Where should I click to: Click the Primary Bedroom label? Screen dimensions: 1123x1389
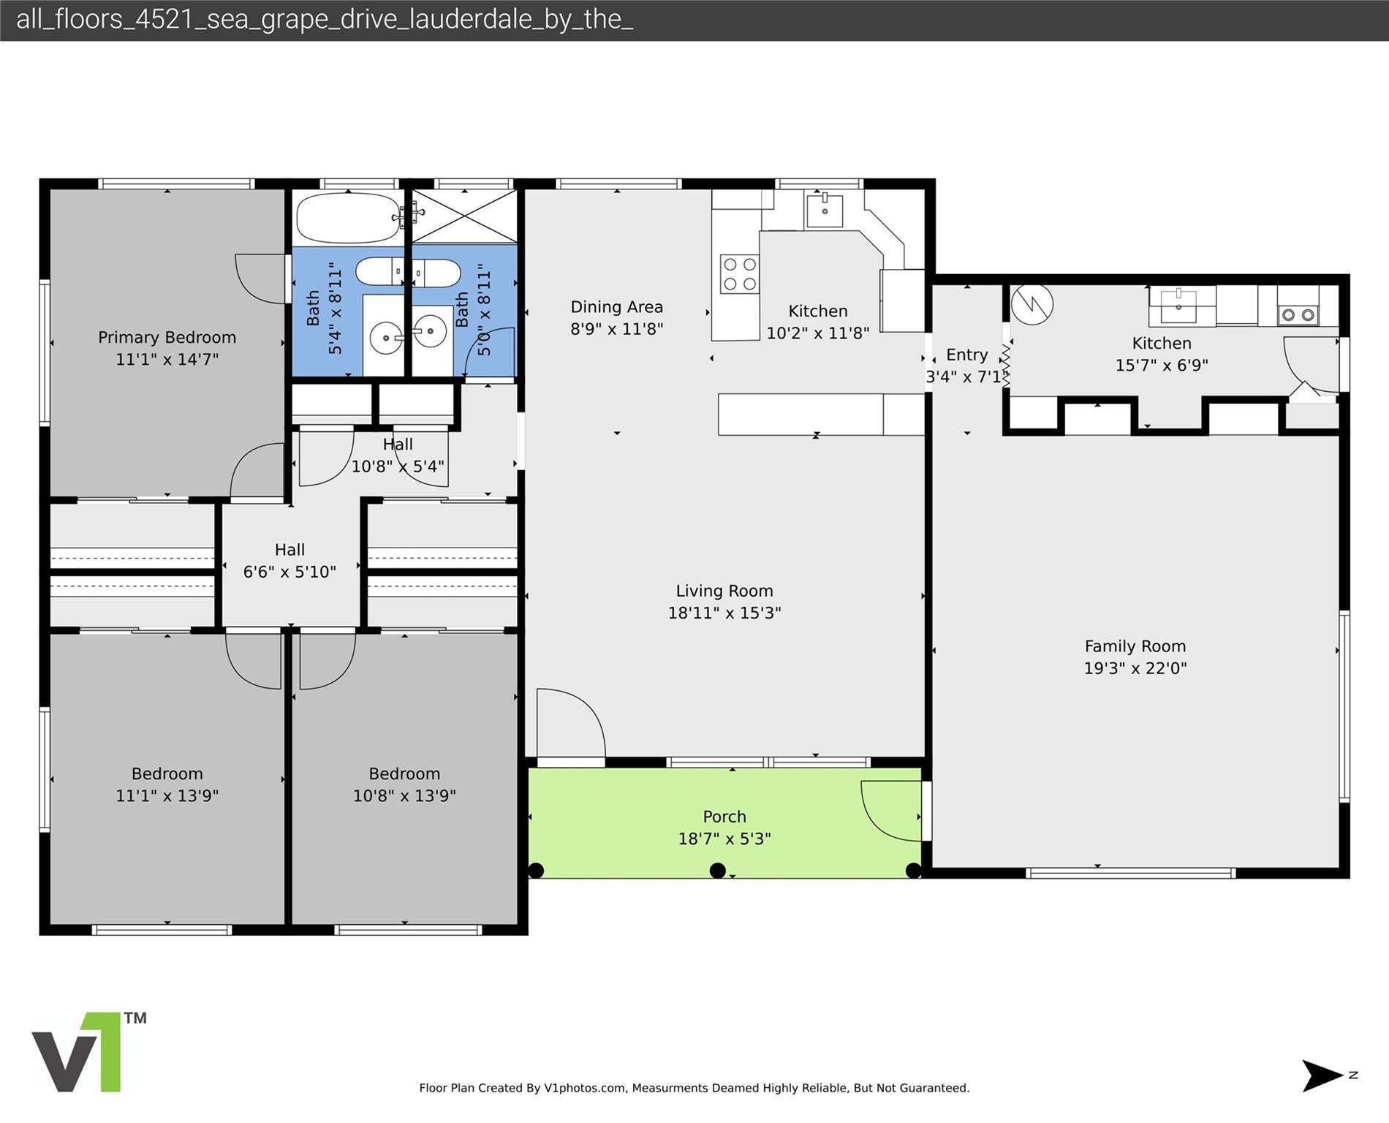pos(167,338)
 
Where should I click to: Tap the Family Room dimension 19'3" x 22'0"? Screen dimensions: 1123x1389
pos(1135,668)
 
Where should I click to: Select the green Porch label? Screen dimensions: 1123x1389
pos(724,817)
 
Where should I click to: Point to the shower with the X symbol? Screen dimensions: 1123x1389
pos(465,216)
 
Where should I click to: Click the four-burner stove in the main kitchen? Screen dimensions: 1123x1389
pos(739,274)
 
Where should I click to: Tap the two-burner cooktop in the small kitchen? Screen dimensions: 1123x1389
pos(1298,315)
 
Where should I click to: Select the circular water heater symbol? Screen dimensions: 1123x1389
pos(1032,304)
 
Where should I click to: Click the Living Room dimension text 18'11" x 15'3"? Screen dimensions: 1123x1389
pos(724,613)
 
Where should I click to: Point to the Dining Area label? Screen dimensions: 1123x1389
pos(616,307)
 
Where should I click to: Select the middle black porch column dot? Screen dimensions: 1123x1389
pos(717,870)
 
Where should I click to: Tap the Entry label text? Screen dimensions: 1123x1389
pos(966,355)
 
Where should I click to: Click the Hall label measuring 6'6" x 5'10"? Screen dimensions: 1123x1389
pos(289,550)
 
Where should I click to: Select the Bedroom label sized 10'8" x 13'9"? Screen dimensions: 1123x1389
pos(404,774)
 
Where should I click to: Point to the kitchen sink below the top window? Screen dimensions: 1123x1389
pos(824,211)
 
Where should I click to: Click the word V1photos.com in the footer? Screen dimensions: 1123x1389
pos(584,1088)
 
